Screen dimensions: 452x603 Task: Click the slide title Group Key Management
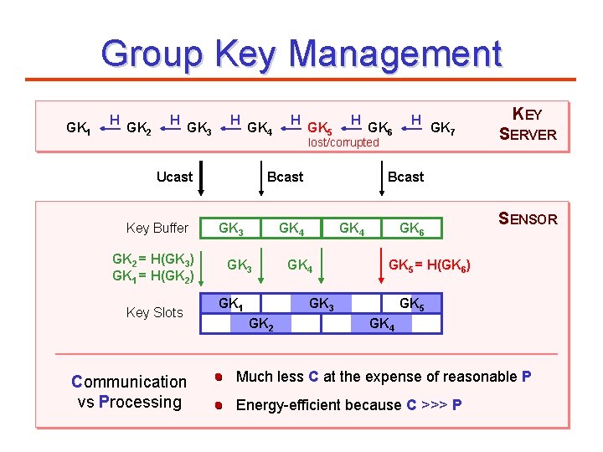point(301,54)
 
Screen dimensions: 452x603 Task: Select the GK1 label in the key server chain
point(78,129)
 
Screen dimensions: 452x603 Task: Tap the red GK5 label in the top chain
point(319,129)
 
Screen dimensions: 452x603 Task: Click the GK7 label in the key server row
point(442,128)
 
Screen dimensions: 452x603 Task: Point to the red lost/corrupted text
point(343,143)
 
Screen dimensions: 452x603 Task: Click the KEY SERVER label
point(528,124)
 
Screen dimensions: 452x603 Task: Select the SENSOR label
point(528,219)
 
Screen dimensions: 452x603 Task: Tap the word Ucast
point(174,177)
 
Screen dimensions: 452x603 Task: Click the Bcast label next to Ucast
point(285,177)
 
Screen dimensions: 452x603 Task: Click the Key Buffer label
point(157,228)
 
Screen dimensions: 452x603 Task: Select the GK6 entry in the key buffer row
point(410,228)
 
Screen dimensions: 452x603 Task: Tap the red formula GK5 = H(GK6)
point(430,266)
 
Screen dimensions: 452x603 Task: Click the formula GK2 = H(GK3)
point(153,259)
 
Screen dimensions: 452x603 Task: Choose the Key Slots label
point(154,312)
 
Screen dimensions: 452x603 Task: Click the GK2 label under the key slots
point(261,323)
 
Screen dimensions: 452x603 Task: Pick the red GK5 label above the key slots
point(411,303)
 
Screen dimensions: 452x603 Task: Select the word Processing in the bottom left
point(140,402)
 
